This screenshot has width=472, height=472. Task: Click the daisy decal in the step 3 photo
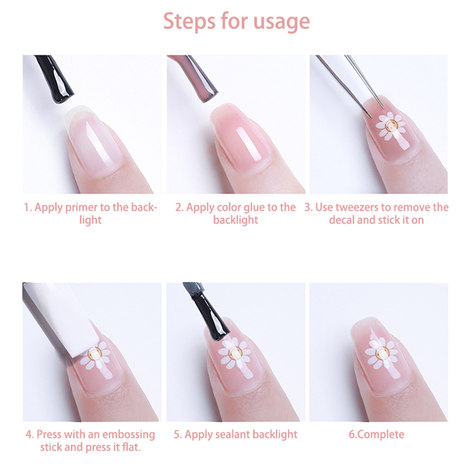pos(391,126)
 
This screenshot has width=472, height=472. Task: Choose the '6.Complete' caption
pos(376,435)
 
